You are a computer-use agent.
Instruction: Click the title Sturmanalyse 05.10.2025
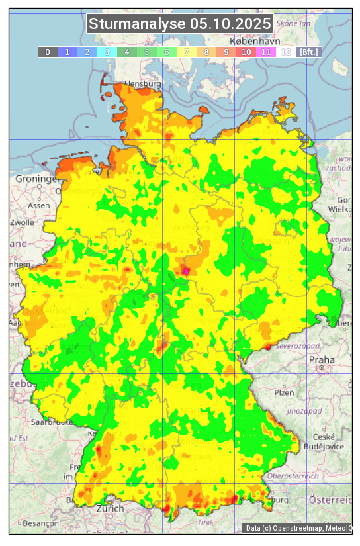[180, 24]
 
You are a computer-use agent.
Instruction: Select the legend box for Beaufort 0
[47, 52]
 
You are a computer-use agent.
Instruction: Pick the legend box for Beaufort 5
[146, 52]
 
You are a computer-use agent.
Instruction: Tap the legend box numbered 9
[226, 52]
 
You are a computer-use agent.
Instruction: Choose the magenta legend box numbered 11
[265, 52]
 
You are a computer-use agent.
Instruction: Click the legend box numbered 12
[285, 52]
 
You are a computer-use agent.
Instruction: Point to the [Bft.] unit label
[308, 52]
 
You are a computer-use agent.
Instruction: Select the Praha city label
[317, 359]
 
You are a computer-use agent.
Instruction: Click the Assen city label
[38, 205]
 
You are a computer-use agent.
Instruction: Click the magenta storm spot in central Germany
[186, 271]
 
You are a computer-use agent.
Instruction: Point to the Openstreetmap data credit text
[298, 528]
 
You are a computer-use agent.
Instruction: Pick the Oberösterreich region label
[292, 476]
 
